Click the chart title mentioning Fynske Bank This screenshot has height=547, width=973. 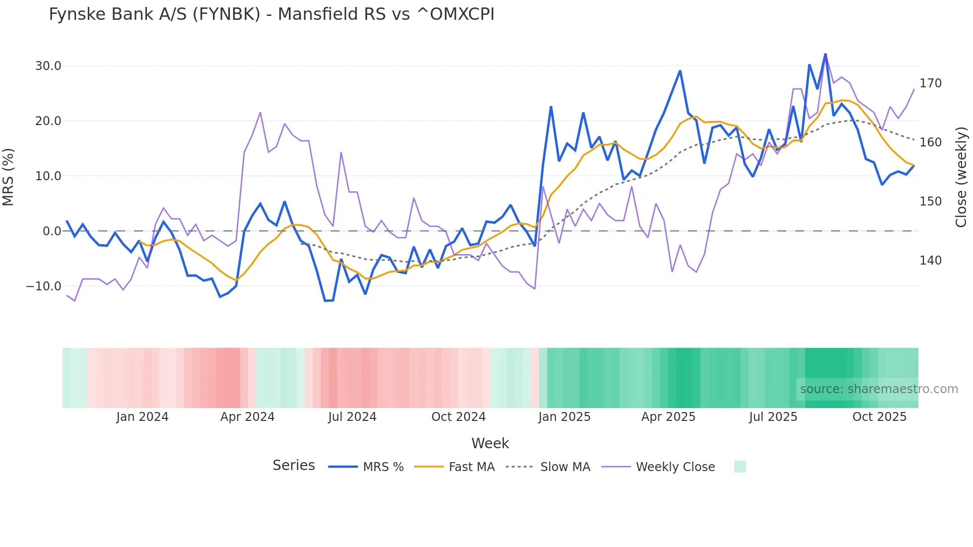[272, 14]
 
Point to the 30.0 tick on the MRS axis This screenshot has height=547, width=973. [48, 66]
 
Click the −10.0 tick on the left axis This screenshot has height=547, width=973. [44, 286]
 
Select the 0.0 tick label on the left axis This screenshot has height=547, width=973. [52, 231]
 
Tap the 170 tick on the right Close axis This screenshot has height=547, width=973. [930, 83]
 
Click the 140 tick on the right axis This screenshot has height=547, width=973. [930, 261]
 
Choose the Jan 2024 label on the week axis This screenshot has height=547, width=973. [142, 417]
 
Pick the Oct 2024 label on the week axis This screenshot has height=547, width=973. [458, 417]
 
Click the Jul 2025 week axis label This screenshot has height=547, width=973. [773, 417]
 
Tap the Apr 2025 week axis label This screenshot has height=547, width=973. [668, 417]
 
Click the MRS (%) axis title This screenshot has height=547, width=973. [8, 177]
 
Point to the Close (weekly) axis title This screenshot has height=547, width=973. [962, 177]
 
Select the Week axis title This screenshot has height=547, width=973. [490, 443]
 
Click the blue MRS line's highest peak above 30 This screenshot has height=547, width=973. [826, 54]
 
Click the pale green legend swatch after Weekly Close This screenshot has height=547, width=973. [740, 467]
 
